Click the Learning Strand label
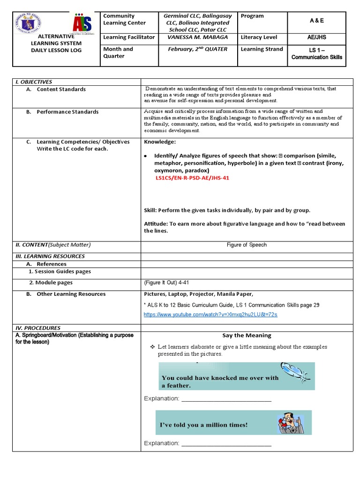[x=262, y=49]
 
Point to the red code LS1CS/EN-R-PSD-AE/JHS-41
[x=192, y=178]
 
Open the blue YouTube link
[x=210, y=314]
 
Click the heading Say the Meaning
[x=247, y=335]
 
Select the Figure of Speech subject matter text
[x=247, y=245]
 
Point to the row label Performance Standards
[x=67, y=112]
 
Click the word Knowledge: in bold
[x=160, y=142]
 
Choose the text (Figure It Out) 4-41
[x=166, y=283]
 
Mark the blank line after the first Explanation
[x=226, y=399]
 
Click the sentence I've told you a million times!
[x=204, y=425]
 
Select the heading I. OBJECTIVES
[x=33, y=82]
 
